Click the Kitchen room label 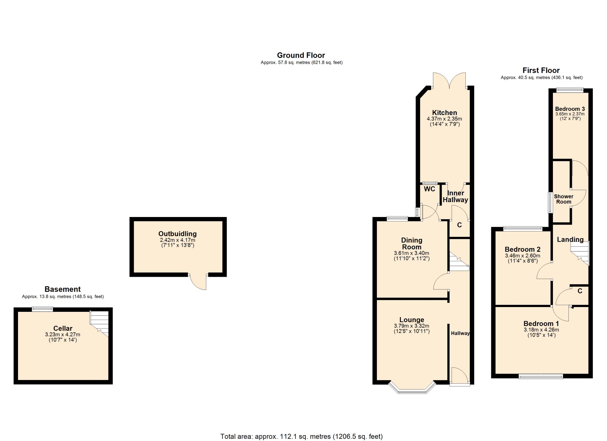click(445, 113)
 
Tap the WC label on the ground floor click(429, 189)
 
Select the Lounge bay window click(412, 387)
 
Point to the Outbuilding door click(198, 281)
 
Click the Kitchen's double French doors click(449, 81)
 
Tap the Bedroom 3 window click(570, 90)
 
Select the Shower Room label click(564, 199)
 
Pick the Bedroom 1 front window click(541, 376)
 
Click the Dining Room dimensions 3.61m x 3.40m click(412, 253)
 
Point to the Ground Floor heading click(301, 55)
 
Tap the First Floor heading click(541, 70)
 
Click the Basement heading click(63, 289)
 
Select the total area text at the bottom click(301, 436)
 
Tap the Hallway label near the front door click(460, 333)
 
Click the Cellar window click(42, 309)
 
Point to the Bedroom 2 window click(523, 229)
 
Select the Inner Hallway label click(455, 196)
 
